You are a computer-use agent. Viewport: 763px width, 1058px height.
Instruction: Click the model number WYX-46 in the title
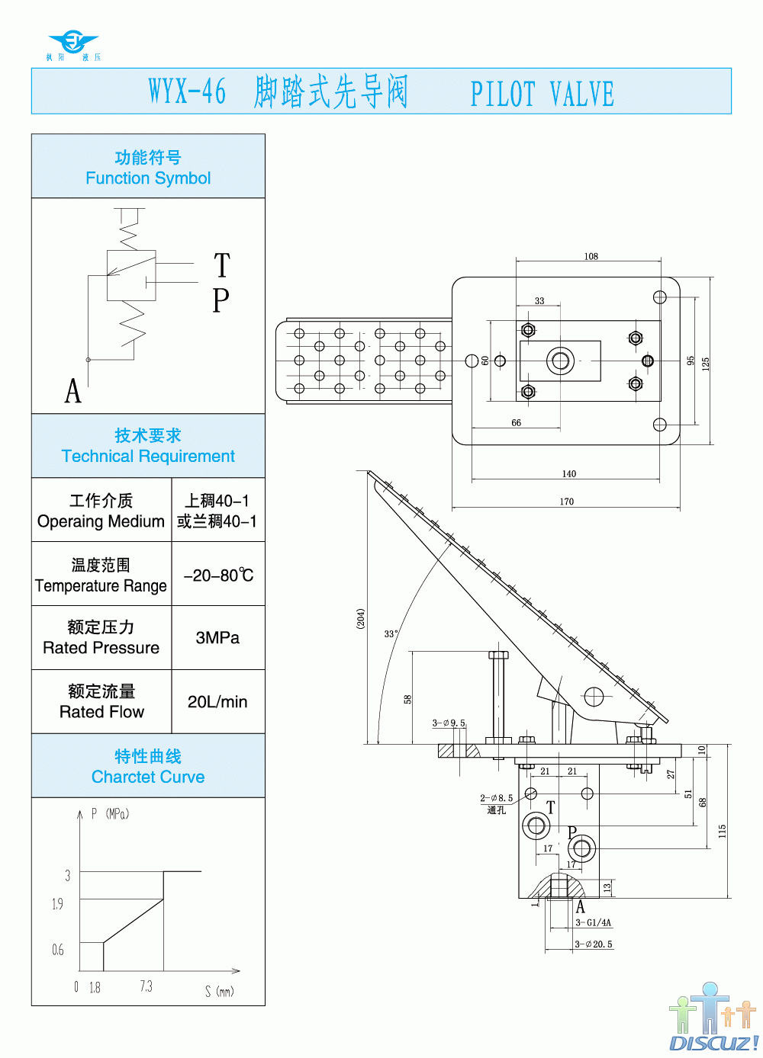point(187,91)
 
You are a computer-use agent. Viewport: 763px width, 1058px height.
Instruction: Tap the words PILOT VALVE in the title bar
point(542,95)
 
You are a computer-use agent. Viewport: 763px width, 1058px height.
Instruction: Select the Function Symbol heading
point(148,168)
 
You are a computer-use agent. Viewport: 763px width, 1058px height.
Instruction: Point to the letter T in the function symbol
point(221,266)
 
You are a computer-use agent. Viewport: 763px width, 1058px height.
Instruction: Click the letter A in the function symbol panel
point(72,391)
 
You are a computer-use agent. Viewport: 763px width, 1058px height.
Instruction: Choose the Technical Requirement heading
point(148,447)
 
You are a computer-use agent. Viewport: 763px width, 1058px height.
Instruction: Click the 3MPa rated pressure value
point(217,638)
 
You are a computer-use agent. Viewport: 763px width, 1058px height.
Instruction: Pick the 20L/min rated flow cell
point(217,702)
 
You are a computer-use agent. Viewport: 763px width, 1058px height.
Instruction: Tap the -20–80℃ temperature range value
point(218,575)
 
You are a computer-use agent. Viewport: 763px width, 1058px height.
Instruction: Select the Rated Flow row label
point(101,702)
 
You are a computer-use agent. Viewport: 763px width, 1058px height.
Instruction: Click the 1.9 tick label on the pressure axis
point(58,904)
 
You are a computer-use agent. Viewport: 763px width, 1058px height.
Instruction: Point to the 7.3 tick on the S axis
point(146,986)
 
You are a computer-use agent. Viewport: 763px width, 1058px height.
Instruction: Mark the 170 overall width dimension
point(566,502)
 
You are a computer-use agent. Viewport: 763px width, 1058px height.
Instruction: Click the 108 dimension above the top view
point(591,256)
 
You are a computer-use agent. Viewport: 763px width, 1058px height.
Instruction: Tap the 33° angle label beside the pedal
point(391,633)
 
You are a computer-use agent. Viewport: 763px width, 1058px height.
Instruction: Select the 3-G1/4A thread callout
point(594,922)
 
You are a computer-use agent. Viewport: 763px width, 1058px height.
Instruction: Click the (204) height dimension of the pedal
point(361,618)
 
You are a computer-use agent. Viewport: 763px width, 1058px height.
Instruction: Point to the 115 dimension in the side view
point(722,831)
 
